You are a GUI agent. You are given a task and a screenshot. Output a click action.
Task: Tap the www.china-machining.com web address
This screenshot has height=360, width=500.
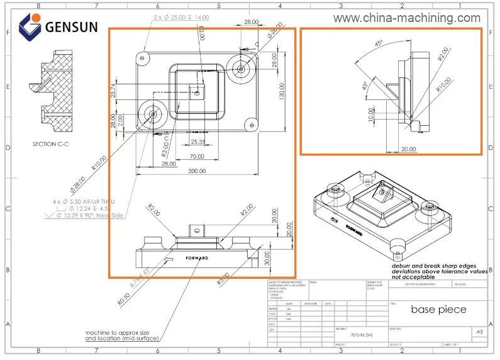406,18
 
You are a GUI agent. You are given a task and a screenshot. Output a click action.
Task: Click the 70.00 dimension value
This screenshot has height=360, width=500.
197,156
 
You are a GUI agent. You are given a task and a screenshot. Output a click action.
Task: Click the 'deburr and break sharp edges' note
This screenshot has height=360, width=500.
434,266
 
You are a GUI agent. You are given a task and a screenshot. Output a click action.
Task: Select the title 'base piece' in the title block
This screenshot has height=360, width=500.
438,310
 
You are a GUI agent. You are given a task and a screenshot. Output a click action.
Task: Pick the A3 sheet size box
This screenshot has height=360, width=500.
479,331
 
